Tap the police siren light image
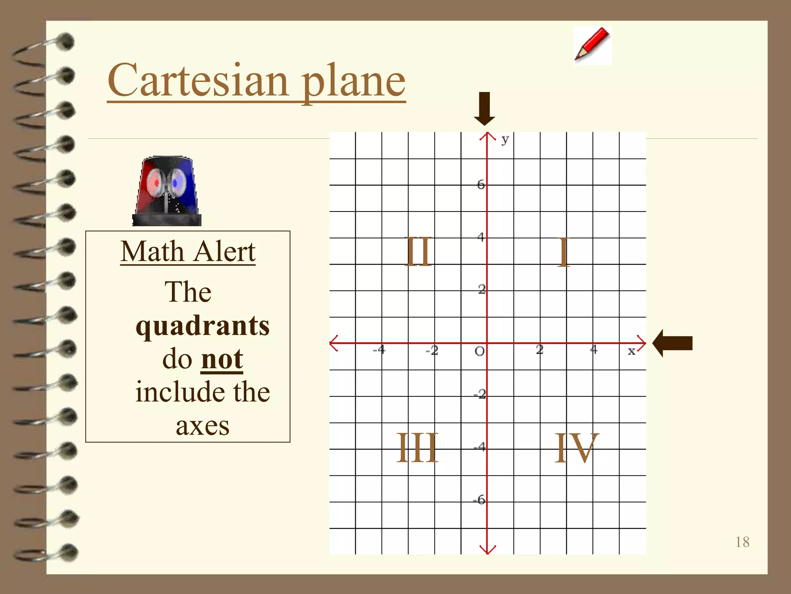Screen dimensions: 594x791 tap(166, 191)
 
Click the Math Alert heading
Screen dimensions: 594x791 tap(188, 252)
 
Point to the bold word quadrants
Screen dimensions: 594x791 tap(202, 326)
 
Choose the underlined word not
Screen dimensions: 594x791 tap(222, 359)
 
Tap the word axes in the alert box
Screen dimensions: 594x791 tap(202, 426)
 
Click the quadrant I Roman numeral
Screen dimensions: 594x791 tap(564, 252)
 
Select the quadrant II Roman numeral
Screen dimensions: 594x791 tap(419, 252)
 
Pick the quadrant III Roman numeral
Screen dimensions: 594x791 tap(418, 448)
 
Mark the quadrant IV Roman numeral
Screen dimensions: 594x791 tap(576, 448)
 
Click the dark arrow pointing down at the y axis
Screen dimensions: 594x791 tap(484, 109)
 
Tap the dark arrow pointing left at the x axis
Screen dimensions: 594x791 tap(672, 343)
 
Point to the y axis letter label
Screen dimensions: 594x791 tap(505, 139)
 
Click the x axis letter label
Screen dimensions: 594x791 tap(631, 351)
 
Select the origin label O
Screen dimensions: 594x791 tap(479, 351)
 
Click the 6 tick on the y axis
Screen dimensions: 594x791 tap(481, 184)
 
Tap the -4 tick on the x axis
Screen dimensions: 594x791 tap(379, 350)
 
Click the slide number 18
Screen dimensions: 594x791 tap(742, 542)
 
